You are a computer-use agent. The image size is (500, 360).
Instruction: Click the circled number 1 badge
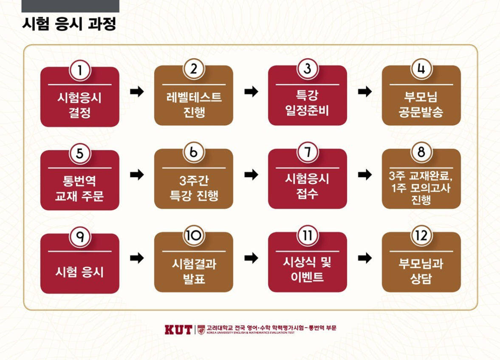[x=79, y=71]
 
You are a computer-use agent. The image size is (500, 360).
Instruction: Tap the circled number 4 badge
[x=421, y=69]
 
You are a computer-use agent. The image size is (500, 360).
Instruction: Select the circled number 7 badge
[x=308, y=153]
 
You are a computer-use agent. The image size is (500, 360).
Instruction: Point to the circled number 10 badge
[x=194, y=236]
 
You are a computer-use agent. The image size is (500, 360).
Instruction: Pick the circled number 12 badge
[x=421, y=236]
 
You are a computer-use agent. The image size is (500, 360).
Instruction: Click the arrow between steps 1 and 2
[x=137, y=91]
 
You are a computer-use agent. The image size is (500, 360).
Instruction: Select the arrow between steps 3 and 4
[x=365, y=91]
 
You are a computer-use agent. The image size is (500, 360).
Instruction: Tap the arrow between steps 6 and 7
[x=251, y=175]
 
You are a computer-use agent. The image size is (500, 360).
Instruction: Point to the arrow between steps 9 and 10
[x=137, y=258]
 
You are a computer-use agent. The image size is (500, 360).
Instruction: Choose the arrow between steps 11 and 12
[x=365, y=258]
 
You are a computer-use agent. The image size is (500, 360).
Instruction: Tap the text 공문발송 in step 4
[x=421, y=113]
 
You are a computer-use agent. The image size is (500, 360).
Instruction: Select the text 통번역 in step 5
[x=79, y=181]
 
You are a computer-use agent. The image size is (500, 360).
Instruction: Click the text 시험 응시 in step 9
[x=79, y=271]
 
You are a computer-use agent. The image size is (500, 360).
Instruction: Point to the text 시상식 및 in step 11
[x=307, y=262]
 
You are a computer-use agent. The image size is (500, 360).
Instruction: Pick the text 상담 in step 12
[x=421, y=279]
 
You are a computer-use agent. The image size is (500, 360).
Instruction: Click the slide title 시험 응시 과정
[x=69, y=24]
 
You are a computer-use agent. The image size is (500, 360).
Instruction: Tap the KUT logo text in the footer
[x=178, y=329]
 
